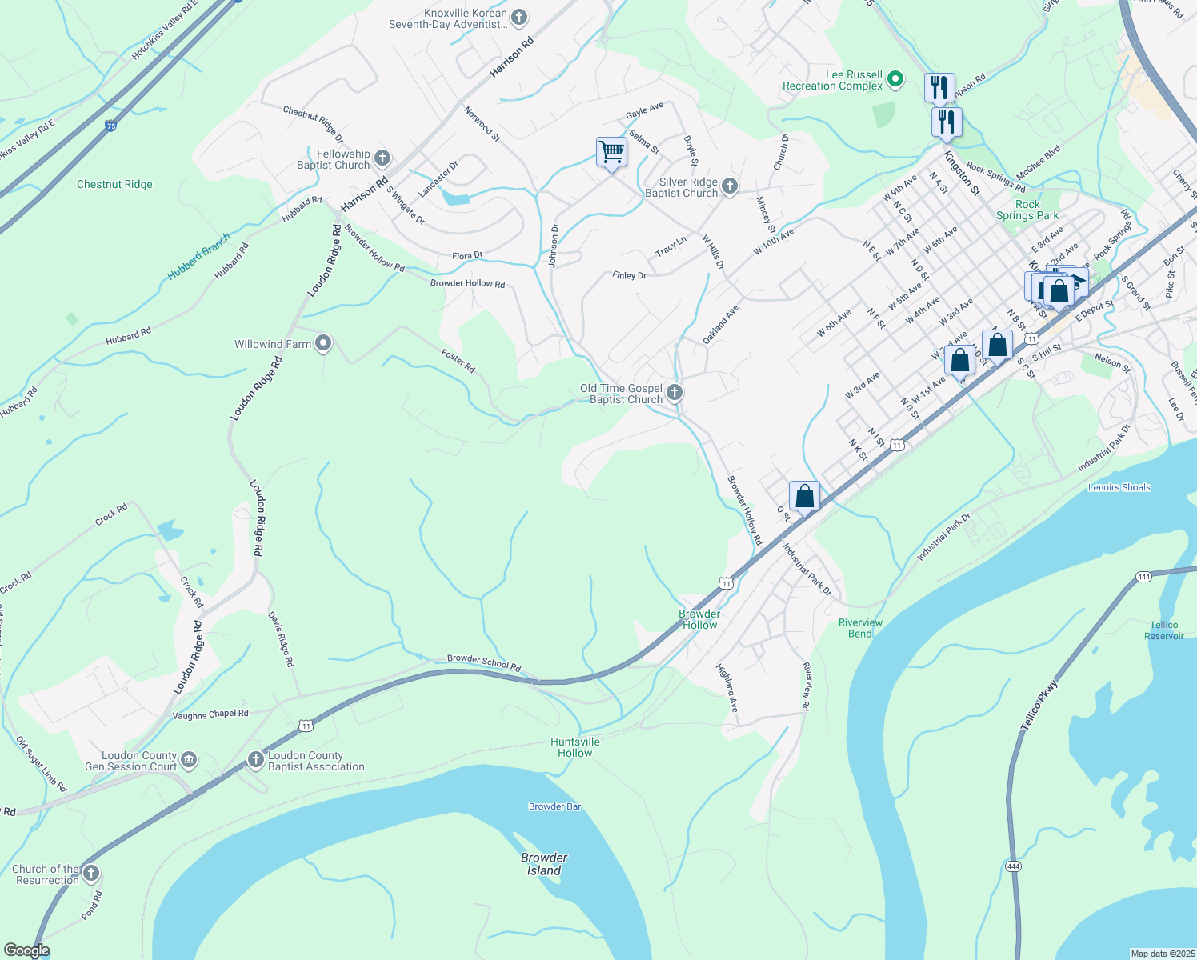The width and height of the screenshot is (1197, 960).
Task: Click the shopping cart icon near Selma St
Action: click(x=611, y=152)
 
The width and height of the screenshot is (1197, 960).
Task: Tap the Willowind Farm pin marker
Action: click(x=323, y=344)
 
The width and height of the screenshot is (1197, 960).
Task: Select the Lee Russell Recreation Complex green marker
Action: click(x=895, y=79)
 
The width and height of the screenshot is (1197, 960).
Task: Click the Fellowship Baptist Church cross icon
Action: click(x=382, y=158)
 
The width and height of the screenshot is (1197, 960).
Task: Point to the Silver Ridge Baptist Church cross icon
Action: click(x=729, y=186)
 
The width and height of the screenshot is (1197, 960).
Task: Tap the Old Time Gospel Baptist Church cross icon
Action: click(x=675, y=393)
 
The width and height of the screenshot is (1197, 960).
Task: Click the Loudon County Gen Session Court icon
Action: click(x=188, y=760)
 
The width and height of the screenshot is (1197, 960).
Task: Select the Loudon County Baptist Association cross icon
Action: click(x=255, y=760)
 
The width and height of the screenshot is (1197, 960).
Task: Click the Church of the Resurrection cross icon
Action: click(x=91, y=874)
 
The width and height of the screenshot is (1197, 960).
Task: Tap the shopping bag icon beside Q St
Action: click(x=804, y=496)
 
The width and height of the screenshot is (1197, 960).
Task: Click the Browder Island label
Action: click(x=544, y=864)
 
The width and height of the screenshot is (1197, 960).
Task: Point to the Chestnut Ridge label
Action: click(x=114, y=185)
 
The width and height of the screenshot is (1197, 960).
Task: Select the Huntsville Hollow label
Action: click(x=575, y=747)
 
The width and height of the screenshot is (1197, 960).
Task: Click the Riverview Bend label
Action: click(x=860, y=628)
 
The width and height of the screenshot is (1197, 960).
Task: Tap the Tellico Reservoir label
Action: click(x=1163, y=630)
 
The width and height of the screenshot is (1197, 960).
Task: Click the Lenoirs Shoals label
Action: click(x=1119, y=487)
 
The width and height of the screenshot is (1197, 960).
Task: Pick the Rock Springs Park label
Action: click(x=1027, y=210)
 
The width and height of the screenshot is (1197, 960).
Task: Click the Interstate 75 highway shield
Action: click(x=110, y=126)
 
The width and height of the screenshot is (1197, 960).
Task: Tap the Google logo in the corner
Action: click(x=26, y=950)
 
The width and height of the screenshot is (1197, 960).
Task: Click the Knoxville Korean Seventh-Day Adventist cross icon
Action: click(x=519, y=17)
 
